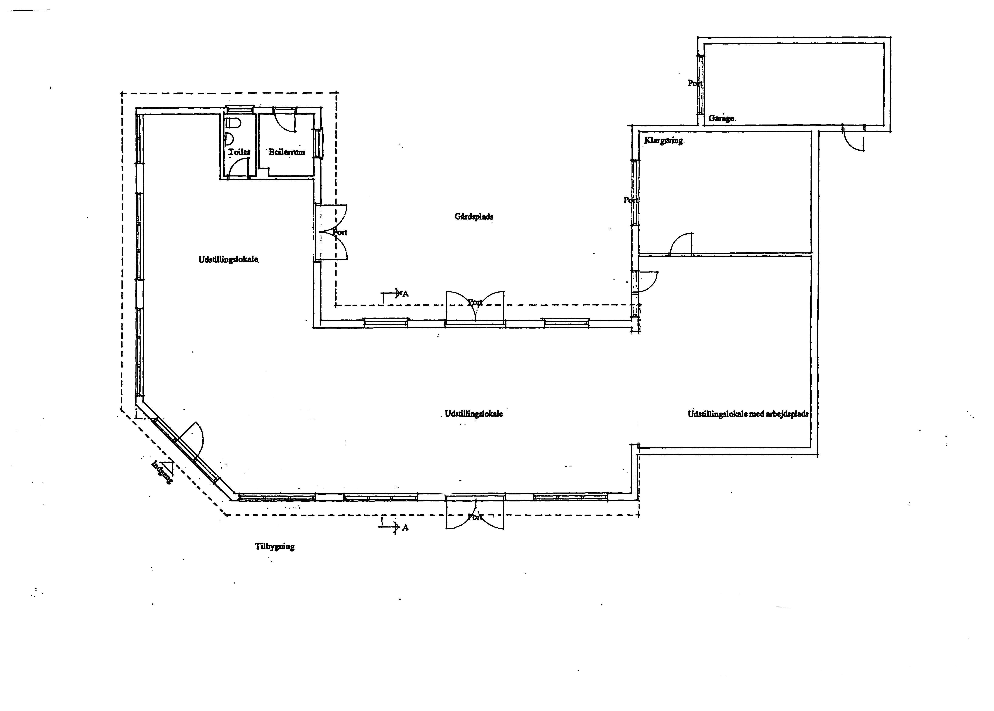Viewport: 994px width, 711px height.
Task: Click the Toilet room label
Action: [x=239, y=152]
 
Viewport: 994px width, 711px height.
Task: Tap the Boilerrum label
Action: [x=287, y=152]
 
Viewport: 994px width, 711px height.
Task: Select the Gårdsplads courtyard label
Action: [x=474, y=216]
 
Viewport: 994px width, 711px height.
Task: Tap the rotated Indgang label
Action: [x=162, y=472]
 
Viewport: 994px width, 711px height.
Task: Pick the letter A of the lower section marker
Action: [x=405, y=528]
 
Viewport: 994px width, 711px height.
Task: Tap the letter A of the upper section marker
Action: [x=405, y=294]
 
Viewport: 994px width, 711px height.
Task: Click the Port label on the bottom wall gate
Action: [x=475, y=517]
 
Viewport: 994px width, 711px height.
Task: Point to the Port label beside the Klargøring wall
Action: [x=631, y=200]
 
